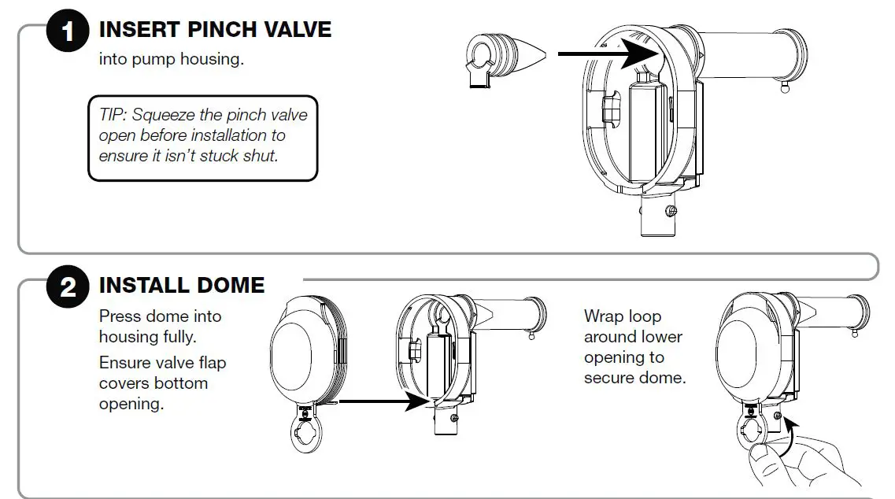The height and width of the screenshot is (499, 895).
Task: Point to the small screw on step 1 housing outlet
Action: [x=670, y=211]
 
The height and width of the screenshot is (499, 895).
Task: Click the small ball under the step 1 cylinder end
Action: [x=785, y=90]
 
